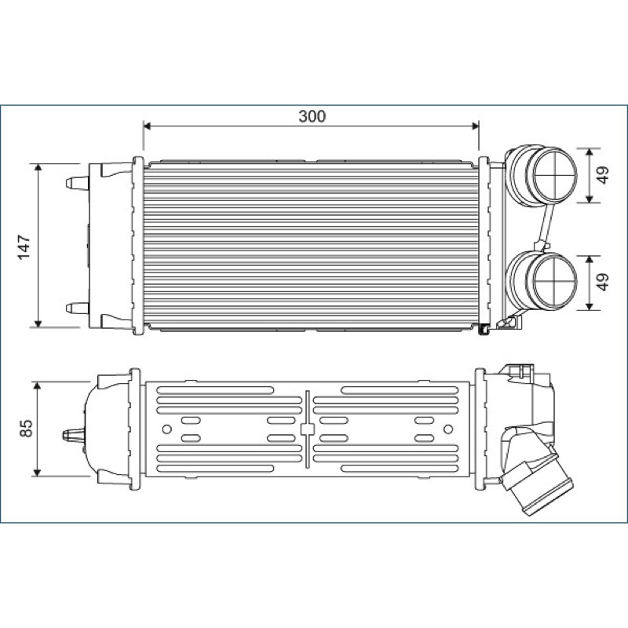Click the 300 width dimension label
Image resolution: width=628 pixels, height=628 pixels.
click(x=312, y=116)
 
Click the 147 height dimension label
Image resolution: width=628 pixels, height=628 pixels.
click(x=24, y=247)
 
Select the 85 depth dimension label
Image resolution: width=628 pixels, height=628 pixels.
click(x=26, y=428)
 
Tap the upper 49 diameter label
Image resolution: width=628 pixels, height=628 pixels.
click(x=603, y=174)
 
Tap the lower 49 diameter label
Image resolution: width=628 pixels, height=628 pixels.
click(x=603, y=282)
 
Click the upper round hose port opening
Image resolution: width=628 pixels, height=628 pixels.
click(x=555, y=175)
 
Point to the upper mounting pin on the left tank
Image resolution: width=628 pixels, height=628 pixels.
click(x=77, y=183)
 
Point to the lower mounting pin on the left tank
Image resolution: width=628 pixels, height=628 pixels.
click(x=77, y=309)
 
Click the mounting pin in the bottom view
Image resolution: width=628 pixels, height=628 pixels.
click(x=74, y=435)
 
